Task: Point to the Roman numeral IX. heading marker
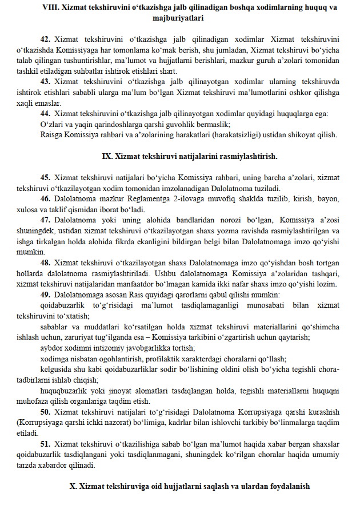pyautogui.click(x=107, y=156)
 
